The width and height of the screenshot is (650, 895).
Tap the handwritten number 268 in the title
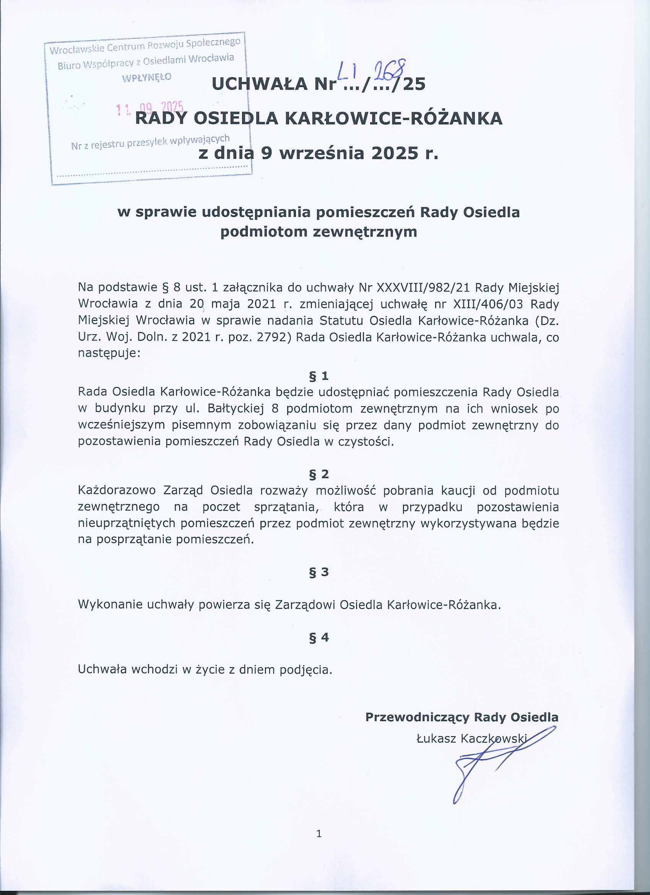[x=389, y=71]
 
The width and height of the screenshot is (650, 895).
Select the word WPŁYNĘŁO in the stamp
[x=147, y=77]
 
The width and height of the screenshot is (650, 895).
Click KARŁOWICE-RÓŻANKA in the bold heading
[x=393, y=118]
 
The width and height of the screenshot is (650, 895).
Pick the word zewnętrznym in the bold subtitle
[x=365, y=232]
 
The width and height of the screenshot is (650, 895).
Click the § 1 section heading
[x=318, y=376]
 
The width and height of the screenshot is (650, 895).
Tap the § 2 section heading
[x=318, y=474]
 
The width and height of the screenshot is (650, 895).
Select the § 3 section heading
[x=318, y=572]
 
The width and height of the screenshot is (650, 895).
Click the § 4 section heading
[x=318, y=637]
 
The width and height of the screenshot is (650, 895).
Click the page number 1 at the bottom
[x=319, y=833]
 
